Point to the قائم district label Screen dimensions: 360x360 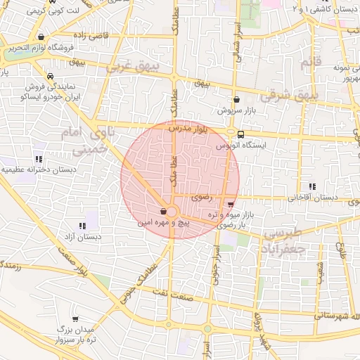tap(306, 63)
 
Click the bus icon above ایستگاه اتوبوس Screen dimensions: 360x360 tap(241, 134)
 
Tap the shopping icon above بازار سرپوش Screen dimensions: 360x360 tap(236, 100)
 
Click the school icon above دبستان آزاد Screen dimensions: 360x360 tap(82, 226)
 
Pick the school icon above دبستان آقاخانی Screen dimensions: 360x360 tap(311, 186)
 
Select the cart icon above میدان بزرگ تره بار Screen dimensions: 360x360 tap(75, 319)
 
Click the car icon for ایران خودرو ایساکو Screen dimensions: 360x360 tap(50, 77)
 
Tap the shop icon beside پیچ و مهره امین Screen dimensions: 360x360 tap(163, 211)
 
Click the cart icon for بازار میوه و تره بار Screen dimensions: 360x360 tap(231, 205)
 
